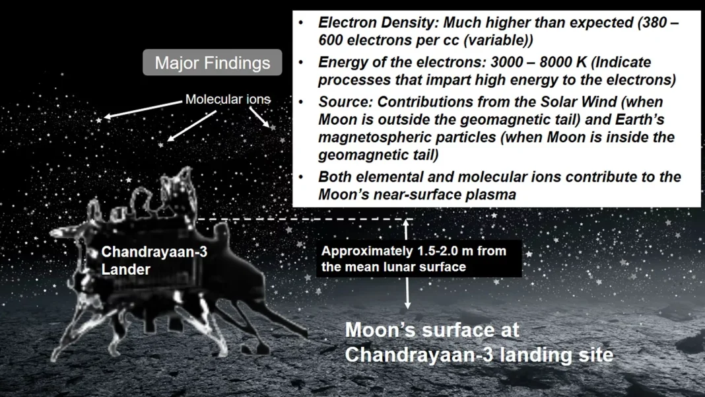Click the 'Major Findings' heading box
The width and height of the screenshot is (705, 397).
(212, 63)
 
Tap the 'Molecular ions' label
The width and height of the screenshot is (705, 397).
(227, 99)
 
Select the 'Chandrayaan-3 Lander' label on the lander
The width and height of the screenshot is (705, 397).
(153, 260)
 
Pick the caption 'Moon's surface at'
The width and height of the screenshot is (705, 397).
(432, 330)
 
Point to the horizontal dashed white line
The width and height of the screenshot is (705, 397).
(304, 219)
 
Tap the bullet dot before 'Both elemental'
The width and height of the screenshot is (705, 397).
(301, 178)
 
